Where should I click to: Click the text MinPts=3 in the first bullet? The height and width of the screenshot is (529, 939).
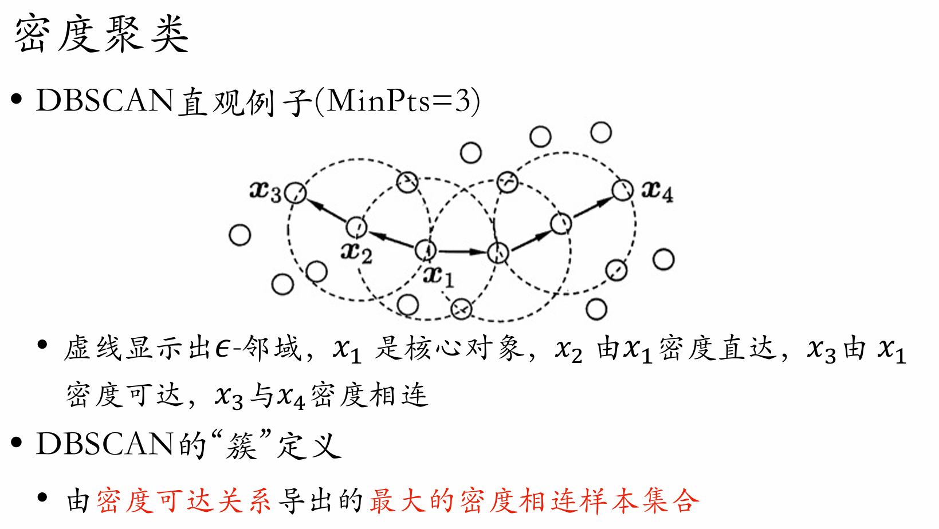tap(399, 101)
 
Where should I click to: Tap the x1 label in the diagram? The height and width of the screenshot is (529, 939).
tap(439, 277)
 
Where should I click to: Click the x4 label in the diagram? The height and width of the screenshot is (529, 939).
tap(657, 191)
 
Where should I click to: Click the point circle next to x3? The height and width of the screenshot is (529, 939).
tap(295, 193)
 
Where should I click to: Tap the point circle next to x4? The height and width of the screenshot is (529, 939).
tap(622, 190)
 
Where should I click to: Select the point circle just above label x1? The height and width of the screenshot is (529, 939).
tap(425, 250)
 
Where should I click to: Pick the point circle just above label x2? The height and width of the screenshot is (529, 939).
tap(356, 227)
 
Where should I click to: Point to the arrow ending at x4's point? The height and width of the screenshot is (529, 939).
tap(592, 206)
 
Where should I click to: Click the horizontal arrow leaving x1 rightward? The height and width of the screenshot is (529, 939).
tap(462, 251)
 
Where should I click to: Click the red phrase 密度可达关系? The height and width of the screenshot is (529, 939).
tap(183, 501)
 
